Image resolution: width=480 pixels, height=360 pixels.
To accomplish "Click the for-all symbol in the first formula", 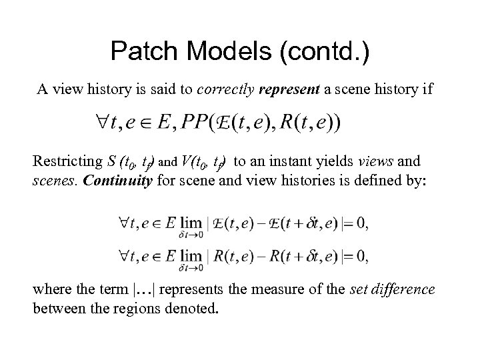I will click(x=105, y=123).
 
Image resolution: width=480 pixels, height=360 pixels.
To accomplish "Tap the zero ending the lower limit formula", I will click(x=359, y=255).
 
